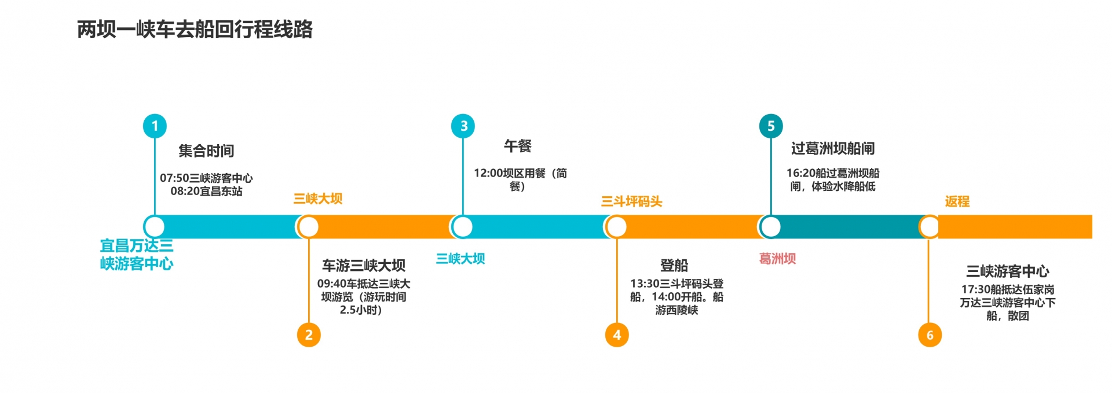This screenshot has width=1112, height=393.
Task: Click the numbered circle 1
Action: tap(155, 126)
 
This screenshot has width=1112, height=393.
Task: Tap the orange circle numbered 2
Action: tap(309, 335)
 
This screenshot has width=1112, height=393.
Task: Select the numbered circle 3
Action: tap(463, 126)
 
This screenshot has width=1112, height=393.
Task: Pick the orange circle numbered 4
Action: tap(617, 335)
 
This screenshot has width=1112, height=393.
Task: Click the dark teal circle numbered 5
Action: tap(771, 126)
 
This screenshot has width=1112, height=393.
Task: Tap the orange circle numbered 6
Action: tap(930, 335)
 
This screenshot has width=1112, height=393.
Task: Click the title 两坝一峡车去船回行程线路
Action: tap(195, 29)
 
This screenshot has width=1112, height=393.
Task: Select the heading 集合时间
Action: tap(206, 151)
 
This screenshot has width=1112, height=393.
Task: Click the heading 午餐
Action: tap(517, 146)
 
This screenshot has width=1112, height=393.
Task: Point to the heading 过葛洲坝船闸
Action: tap(833, 149)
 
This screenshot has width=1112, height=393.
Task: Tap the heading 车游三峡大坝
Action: tap(364, 266)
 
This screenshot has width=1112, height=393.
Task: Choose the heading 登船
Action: tap(674, 266)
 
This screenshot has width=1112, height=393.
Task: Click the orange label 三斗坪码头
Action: tap(631, 201)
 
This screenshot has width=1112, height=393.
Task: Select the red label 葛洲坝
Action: tap(777, 259)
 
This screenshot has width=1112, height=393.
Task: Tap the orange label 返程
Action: tap(957, 201)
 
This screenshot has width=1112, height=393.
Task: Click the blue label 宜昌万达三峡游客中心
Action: tap(137, 255)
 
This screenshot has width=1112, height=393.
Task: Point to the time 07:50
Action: tap(174, 178)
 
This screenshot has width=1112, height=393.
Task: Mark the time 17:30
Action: tap(976, 289)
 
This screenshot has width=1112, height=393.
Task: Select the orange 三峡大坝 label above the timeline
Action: tap(317, 199)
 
